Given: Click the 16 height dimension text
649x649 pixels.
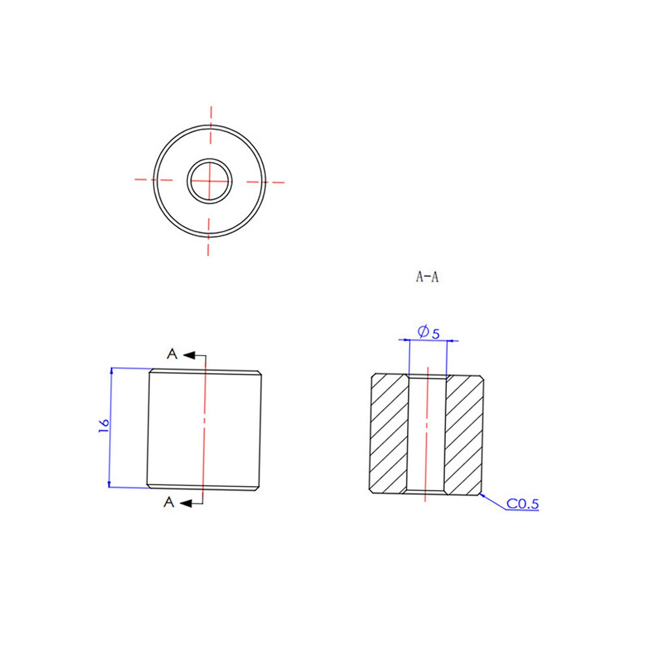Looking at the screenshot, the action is (x=104, y=426).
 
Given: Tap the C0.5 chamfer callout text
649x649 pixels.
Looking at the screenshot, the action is (x=523, y=504).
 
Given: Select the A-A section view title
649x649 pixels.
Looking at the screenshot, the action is (x=427, y=277).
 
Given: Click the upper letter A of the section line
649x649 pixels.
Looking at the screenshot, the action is (x=172, y=354).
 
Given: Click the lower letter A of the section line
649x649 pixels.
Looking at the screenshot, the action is (x=169, y=502).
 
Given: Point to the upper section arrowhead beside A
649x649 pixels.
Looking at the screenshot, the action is (x=189, y=355).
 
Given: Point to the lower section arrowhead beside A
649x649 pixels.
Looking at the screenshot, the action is (x=186, y=503).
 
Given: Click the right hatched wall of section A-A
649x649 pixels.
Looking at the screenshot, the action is (x=464, y=434).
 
